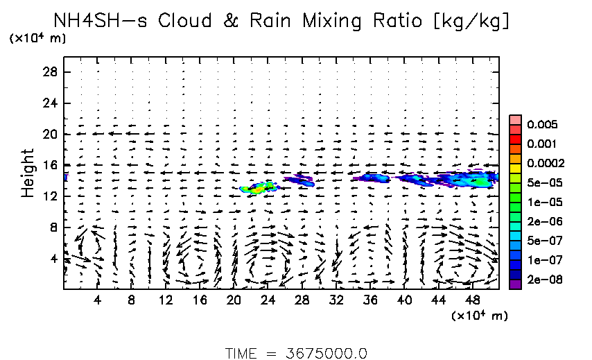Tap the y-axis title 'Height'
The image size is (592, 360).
point(28,172)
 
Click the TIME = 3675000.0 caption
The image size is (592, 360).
point(296,353)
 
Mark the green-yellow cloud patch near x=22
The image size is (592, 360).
point(257,188)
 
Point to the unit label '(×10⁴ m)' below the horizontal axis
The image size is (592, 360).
point(479,316)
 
